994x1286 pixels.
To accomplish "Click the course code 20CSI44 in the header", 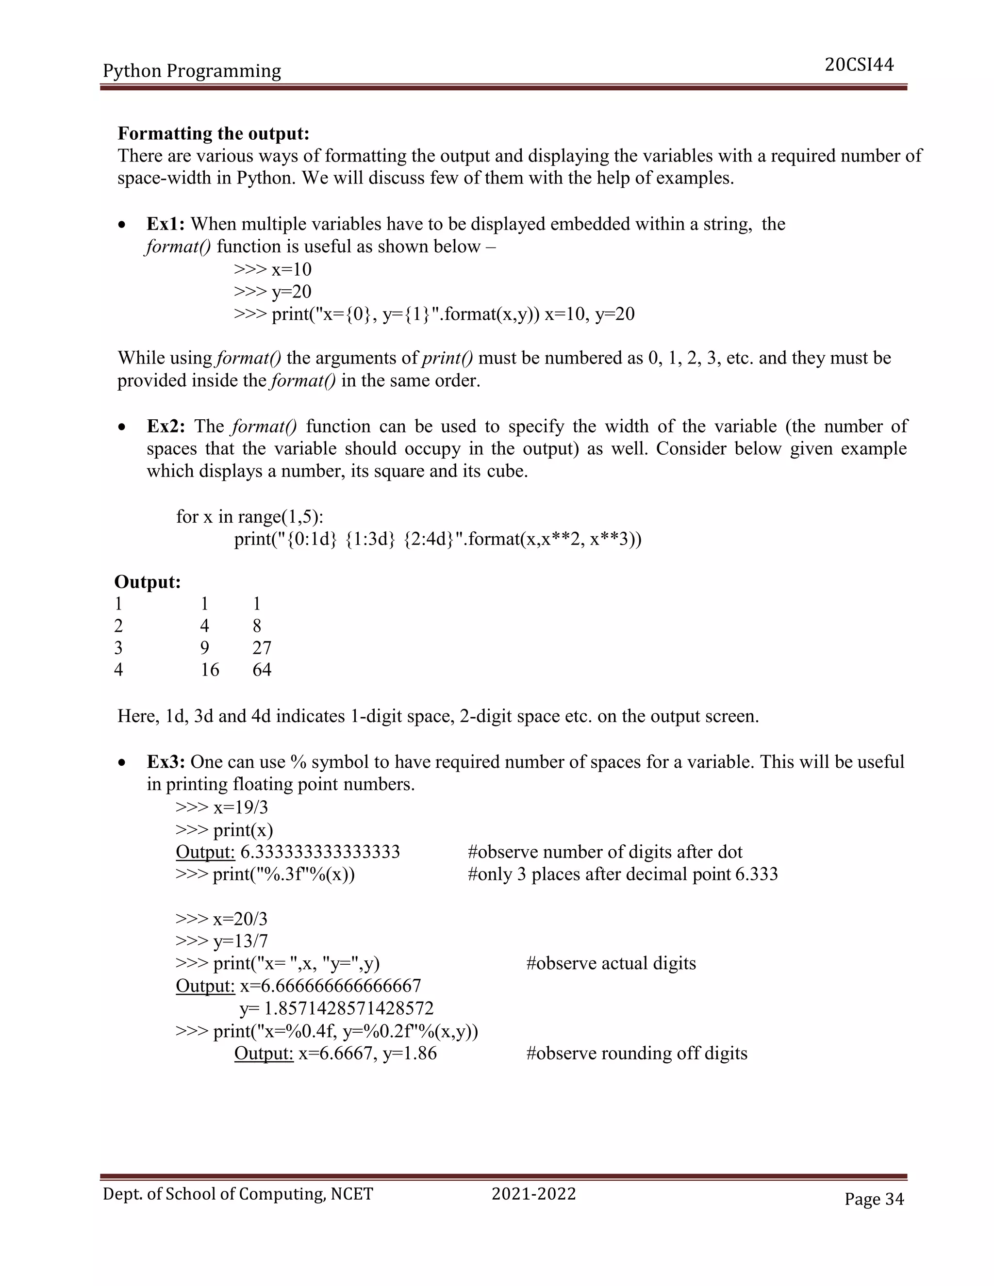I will pyautogui.click(x=859, y=65).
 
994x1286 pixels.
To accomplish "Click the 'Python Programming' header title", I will pyautogui.click(x=192, y=71).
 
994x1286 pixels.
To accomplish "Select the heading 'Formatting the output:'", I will pyautogui.click(x=213, y=133).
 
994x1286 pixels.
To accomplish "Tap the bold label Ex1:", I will pyautogui.click(x=166, y=224).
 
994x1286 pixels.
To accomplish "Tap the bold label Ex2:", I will pyautogui.click(x=166, y=426).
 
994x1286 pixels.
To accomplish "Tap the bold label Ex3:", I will pyautogui.click(x=166, y=762).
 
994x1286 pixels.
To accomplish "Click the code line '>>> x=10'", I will pyautogui.click(x=272, y=269).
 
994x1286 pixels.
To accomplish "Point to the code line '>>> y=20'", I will pyautogui.click(x=272, y=292).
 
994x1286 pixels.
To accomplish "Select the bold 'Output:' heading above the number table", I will pyautogui.click(x=147, y=582).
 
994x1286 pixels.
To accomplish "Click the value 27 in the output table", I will pyautogui.click(x=262, y=648).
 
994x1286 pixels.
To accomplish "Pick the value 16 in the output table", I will pyautogui.click(x=210, y=670).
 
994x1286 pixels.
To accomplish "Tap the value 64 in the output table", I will pyautogui.click(x=262, y=670).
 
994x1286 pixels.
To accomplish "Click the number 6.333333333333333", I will pyautogui.click(x=320, y=852).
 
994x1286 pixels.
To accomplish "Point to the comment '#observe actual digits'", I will pyautogui.click(x=611, y=963).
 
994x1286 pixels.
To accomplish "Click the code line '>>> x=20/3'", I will pyautogui.click(x=221, y=919).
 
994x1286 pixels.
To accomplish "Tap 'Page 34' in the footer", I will pyautogui.click(x=873, y=1200).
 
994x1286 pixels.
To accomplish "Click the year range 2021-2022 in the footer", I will pyautogui.click(x=533, y=1194).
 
